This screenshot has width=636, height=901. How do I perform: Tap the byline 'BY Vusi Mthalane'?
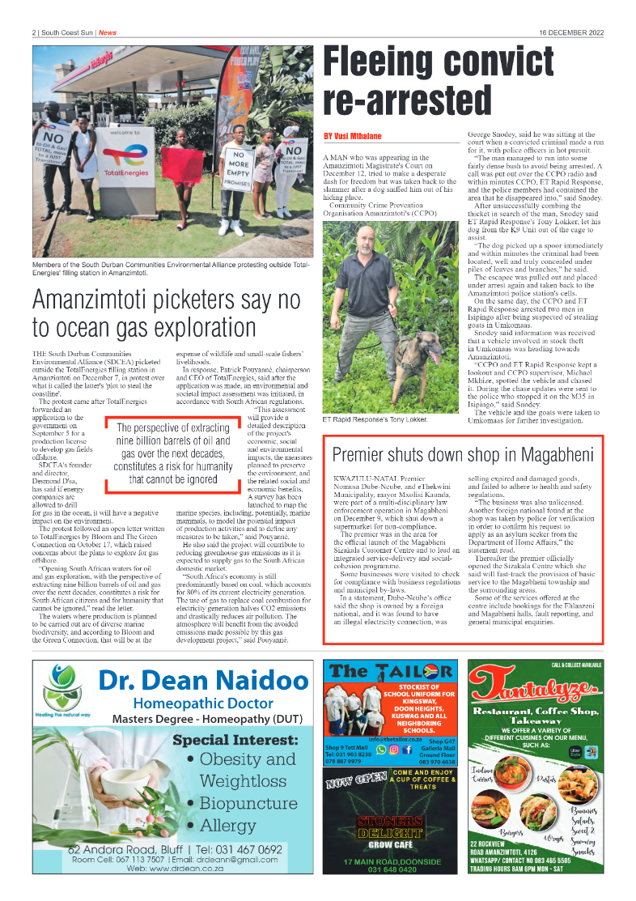352,136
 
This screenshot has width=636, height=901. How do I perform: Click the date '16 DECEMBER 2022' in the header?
570,32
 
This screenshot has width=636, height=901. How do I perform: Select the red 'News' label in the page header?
108,32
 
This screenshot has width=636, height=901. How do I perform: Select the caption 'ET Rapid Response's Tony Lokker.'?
375,420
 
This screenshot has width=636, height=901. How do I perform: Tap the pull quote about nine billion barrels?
172,453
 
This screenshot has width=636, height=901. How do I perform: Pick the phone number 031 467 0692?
243,849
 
